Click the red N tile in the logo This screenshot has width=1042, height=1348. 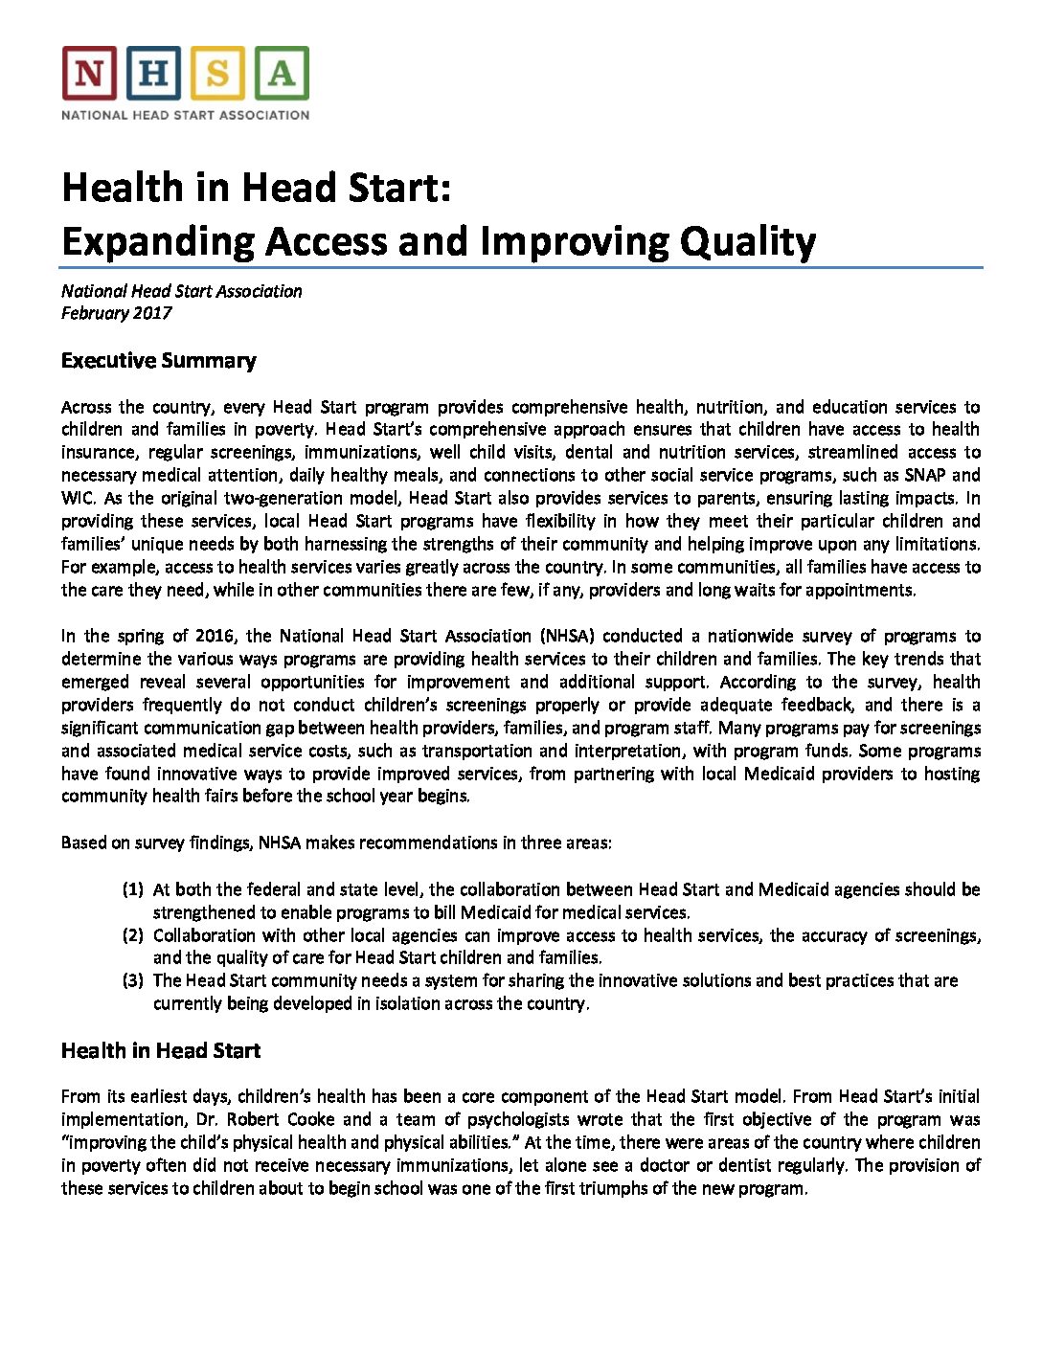tap(89, 74)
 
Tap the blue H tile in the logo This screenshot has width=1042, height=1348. tap(153, 74)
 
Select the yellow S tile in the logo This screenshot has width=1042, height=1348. tap(217, 74)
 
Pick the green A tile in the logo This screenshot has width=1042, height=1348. tap(282, 74)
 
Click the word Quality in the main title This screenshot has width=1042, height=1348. tap(748, 241)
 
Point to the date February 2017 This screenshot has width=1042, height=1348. tap(116, 313)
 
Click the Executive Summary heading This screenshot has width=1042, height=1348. tap(158, 361)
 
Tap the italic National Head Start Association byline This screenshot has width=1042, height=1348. tap(181, 291)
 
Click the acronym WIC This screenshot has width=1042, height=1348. tap(76, 498)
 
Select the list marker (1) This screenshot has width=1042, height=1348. tap(132, 889)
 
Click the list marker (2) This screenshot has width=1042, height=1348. tap(132, 935)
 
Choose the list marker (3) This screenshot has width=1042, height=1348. tap(132, 980)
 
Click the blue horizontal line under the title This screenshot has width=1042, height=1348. tap(522, 268)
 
